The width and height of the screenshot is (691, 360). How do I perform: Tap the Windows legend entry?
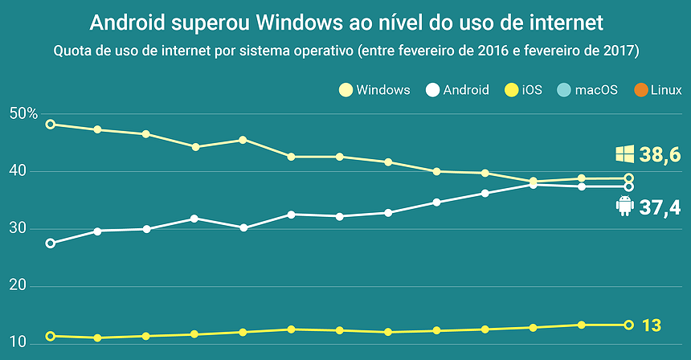pyautogui.click(x=374, y=90)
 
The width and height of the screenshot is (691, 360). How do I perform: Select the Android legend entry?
pyautogui.click(x=457, y=90)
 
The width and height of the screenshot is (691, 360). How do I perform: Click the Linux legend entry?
pyautogui.click(x=658, y=90)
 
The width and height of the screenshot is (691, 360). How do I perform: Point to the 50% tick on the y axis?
pyautogui.click(x=24, y=114)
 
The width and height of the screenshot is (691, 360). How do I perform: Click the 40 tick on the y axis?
pyautogui.click(x=18, y=171)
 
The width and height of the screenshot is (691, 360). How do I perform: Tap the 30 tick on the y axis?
pyautogui.click(x=18, y=229)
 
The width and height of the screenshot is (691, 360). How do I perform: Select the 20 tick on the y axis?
pyautogui.click(x=18, y=287)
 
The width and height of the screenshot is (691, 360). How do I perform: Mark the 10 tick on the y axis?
pyautogui.click(x=18, y=344)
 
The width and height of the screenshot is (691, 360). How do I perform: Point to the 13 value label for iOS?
pyautogui.click(x=651, y=325)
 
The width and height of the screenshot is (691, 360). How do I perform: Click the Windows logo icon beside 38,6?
pyautogui.click(x=624, y=154)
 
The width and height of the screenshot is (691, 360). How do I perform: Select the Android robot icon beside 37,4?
pyautogui.click(x=624, y=207)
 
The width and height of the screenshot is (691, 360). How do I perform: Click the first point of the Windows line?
pyautogui.click(x=51, y=125)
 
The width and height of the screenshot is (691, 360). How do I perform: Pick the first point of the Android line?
pyautogui.click(x=51, y=243)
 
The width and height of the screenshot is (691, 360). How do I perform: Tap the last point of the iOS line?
pyautogui.click(x=628, y=325)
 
